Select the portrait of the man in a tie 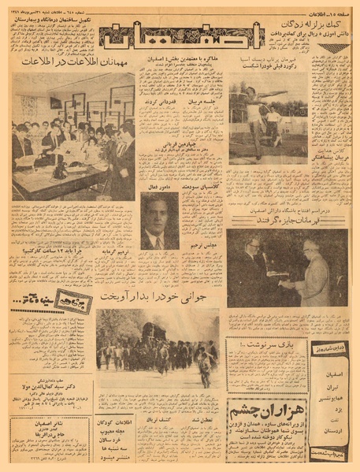[x=159, y=222]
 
